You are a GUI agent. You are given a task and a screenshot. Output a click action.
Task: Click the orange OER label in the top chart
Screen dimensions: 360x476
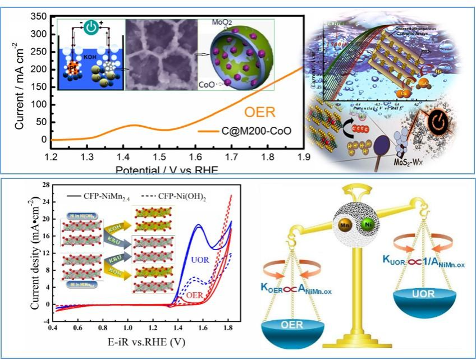[x=259, y=112]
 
